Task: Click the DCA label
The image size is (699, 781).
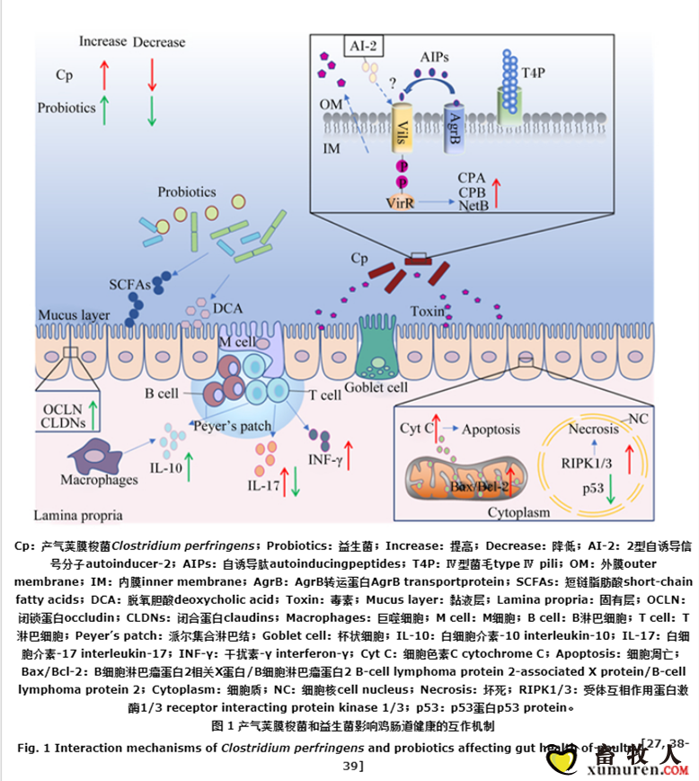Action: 228,310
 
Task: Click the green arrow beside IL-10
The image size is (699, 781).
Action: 191,468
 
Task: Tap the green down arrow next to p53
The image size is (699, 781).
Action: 610,490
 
